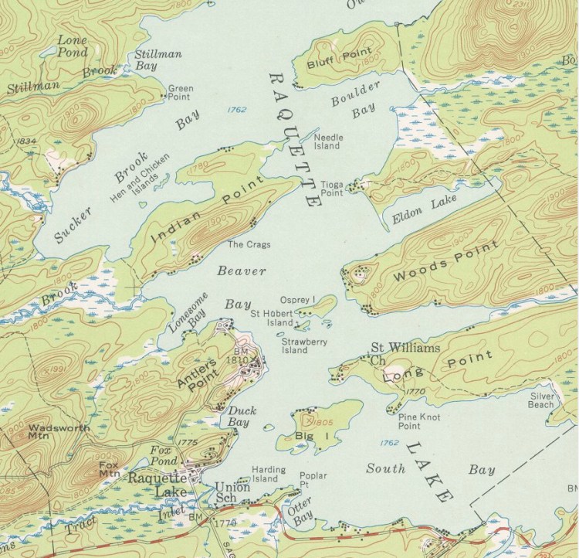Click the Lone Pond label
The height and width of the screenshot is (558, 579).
(72, 44)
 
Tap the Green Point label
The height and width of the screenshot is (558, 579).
(181, 93)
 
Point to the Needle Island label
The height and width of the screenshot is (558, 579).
(327, 141)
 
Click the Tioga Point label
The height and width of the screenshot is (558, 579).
(331, 189)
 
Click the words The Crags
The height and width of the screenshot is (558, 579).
(245, 245)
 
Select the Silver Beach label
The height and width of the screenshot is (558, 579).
(541, 400)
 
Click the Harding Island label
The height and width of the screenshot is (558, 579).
(268, 474)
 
